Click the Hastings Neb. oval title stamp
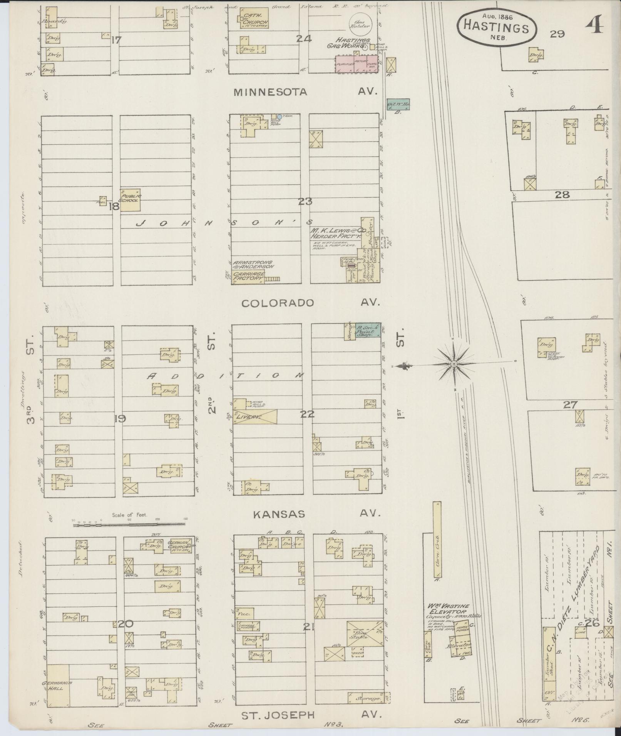[x=496, y=27]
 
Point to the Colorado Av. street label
[x=310, y=303]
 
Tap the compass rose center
[x=454, y=364]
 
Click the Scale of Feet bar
[x=129, y=524]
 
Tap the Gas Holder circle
[x=360, y=24]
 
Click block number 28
[x=562, y=195]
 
